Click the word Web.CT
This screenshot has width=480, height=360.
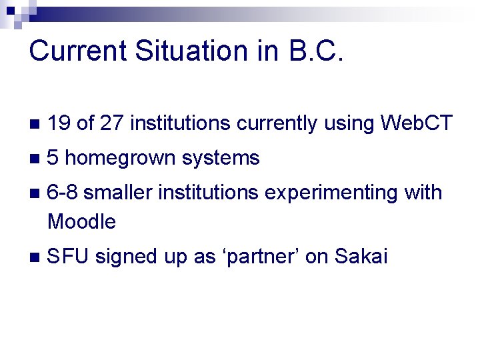416,123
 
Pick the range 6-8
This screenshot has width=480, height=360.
63,193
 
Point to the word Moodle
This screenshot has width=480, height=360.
82,221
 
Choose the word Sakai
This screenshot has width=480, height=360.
361,257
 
